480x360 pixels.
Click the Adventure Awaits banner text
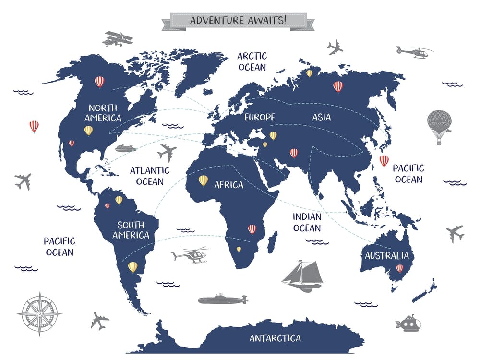point(238,21)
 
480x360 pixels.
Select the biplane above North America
point(117,38)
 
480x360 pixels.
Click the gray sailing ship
point(302,276)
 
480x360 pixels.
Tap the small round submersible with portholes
point(409,324)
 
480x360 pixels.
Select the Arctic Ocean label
point(252,61)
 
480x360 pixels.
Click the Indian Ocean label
point(307,222)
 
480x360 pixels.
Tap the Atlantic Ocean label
point(150,176)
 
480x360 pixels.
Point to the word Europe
point(260,117)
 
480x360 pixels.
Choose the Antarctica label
point(275,338)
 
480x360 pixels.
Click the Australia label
point(386,256)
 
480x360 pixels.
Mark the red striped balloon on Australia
point(399,269)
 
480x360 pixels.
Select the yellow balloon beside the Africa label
point(204,180)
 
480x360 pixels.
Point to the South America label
point(131,230)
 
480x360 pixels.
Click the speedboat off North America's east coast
point(125,148)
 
